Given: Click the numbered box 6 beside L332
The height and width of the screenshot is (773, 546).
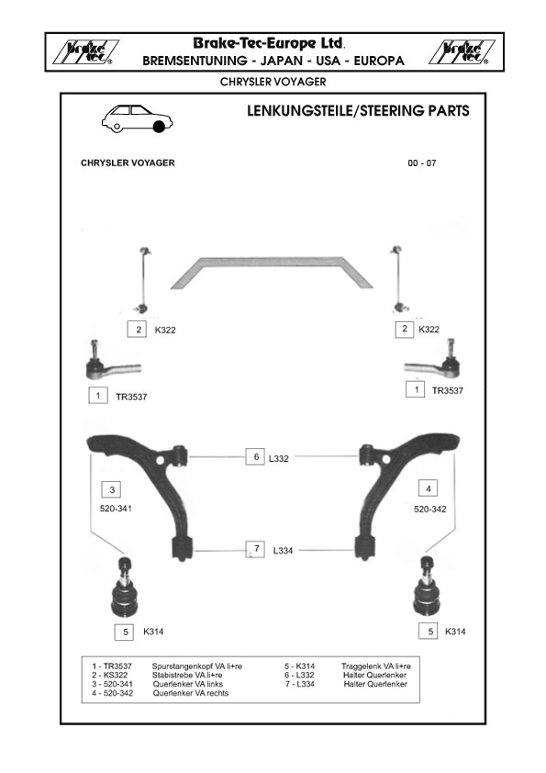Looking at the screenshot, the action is point(255,456).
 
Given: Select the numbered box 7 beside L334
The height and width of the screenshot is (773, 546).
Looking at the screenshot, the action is point(255,549).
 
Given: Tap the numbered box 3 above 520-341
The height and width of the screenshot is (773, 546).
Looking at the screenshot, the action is point(111,489).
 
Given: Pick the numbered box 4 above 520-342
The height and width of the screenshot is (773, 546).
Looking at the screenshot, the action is point(428,488).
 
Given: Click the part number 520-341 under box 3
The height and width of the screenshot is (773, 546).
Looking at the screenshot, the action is point(116,509).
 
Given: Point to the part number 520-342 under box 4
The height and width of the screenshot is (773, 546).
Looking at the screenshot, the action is point(430,510).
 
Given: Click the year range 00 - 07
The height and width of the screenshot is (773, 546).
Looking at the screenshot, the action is point(422,163).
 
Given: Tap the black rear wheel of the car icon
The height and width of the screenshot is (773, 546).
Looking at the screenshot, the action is point(159,127).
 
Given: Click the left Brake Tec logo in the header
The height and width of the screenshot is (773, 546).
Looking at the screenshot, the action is point(85,52).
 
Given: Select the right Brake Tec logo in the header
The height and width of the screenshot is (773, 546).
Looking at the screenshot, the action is point(462,52).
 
